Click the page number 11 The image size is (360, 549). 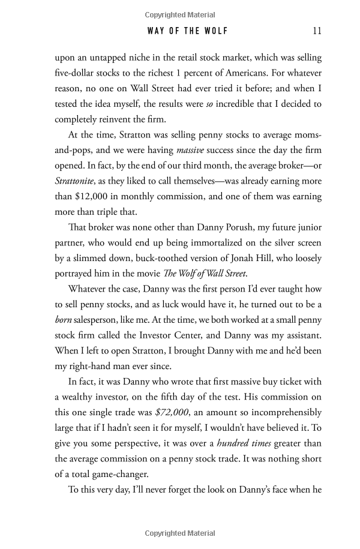click(x=317, y=31)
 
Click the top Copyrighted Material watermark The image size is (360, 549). click(x=180, y=14)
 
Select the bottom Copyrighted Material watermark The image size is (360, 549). click(x=180, y=533)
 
